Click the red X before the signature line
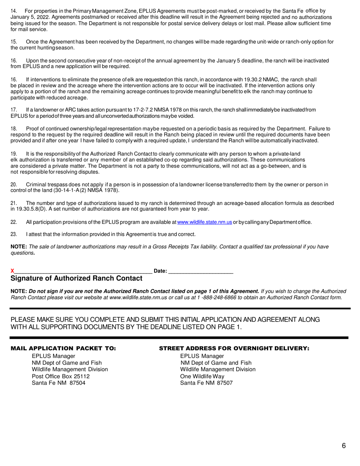12,271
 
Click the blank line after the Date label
200,271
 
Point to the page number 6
343,446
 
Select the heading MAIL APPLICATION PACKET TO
63,348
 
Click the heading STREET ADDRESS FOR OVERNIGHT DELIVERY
234,348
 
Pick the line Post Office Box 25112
61,376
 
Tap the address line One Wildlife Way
202,376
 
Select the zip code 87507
225,383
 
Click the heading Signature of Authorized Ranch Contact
77,278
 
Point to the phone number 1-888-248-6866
217,297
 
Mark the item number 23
14,234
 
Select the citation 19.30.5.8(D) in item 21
33,209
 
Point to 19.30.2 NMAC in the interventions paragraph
261,80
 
